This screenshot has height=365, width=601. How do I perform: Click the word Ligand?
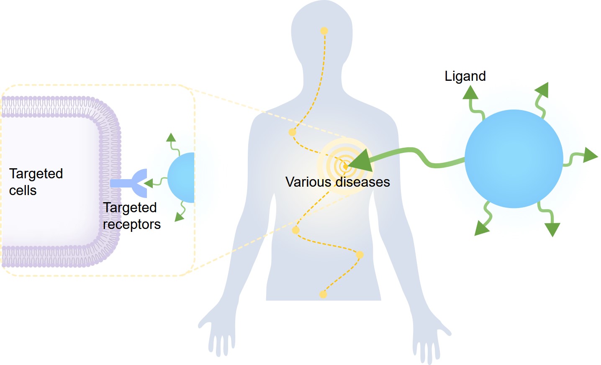click(x=465, y=76)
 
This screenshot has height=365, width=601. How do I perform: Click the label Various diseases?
click(x=337, y=182)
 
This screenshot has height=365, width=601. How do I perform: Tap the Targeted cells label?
click(x=36, y=182)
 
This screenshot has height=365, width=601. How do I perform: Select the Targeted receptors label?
click(x=131, y=216)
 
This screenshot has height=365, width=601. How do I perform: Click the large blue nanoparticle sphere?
click(x=514, y=159)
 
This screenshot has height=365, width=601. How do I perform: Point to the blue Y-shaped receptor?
click(x=134, y=183)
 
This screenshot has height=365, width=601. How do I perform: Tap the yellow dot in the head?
click(x=324, y=31)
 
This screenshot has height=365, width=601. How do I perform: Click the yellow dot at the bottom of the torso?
click(x=323, y=295)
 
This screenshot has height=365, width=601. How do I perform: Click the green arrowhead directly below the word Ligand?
click(x=470, y=93)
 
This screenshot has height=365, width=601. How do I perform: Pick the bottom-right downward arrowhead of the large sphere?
click(x=552, y=229)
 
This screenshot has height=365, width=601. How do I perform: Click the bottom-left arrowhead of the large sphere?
click(x=481, y=229)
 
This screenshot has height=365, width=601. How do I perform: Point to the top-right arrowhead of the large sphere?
click(x=542, y=90)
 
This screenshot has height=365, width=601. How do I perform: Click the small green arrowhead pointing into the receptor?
click(x=148, y=183)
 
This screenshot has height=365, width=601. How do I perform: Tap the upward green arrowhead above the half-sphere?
click(x=171, y=138)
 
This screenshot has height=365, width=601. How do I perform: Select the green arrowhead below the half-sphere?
click(x=180, y=216)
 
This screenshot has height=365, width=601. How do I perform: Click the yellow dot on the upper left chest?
click(x=293, y=132)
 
